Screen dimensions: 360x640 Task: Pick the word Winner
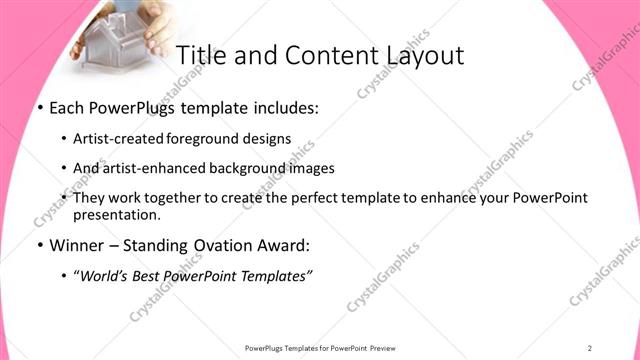pos(74,245)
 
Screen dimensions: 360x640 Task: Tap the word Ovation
pos(211,245)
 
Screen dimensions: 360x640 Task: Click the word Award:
pos(276,245)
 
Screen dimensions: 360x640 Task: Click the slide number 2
pos(590,347)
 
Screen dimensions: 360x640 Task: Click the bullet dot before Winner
pos(39,245)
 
